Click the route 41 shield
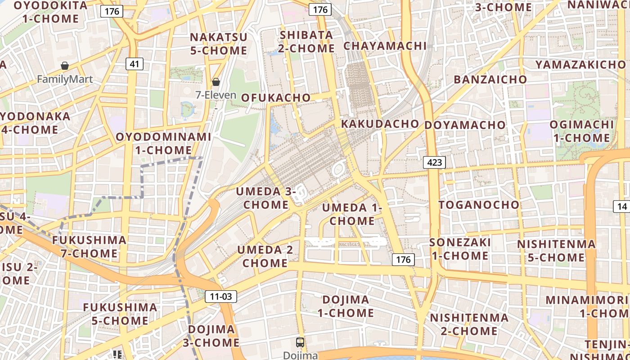click(134, 64)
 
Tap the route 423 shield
click(434, 162)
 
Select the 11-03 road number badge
click(220, 296)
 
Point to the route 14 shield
click(622, 207)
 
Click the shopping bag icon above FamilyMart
click(65, 66)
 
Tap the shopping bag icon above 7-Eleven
click(216, 81)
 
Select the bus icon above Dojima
click(300, 342)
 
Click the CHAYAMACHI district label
click(385, 46)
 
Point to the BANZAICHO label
click(490, 80)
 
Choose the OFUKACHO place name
click(276, 98)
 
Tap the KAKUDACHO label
click(380, 124)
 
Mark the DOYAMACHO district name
click(465, 125)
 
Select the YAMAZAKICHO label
click(580, 65)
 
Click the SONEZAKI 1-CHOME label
click(460, 249)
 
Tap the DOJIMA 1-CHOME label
click(346, 306)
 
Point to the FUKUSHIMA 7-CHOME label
click(89, 246)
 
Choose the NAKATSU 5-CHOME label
click(219, 44)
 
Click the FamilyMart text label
click(65, 80)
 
